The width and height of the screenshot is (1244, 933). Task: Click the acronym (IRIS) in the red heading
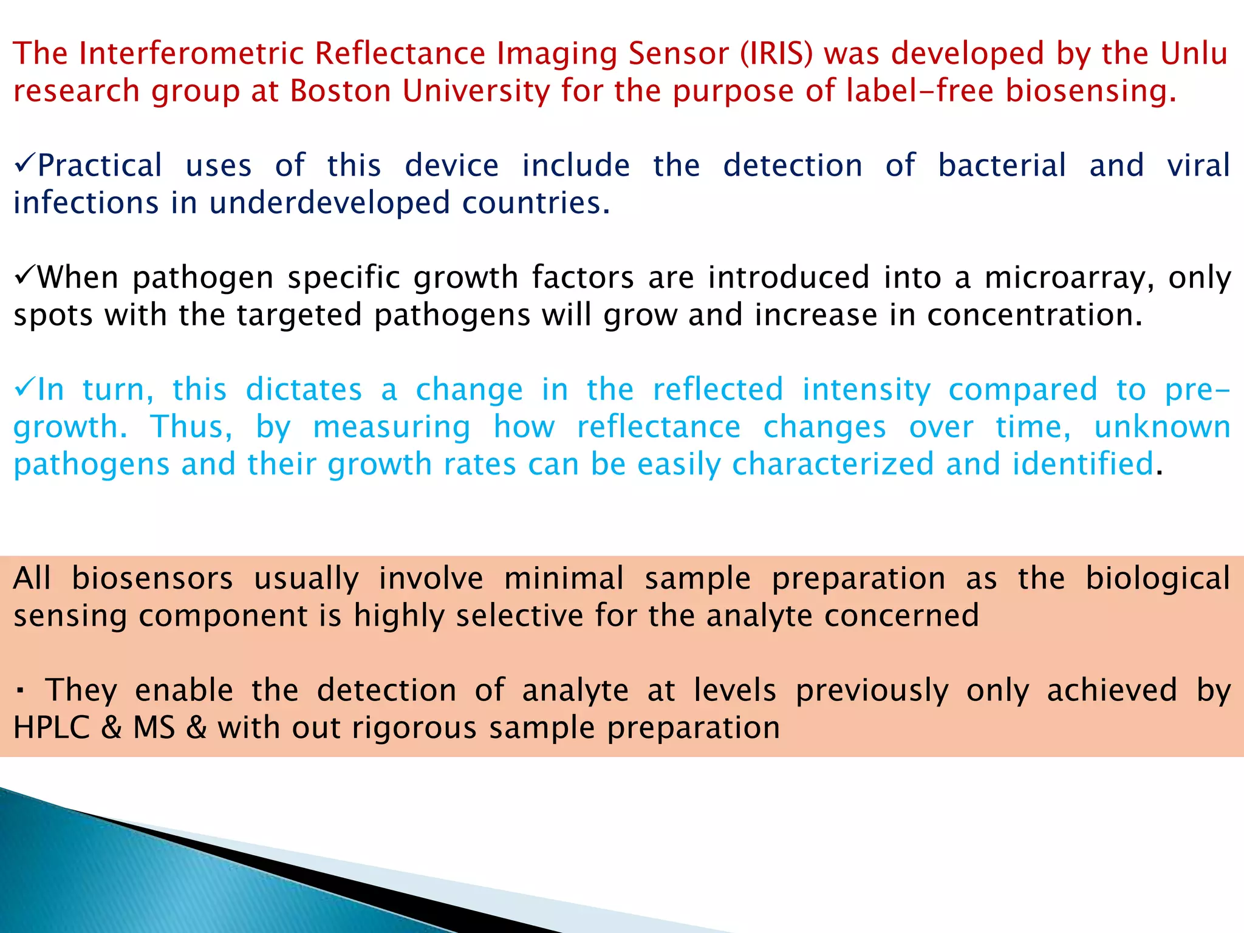point(776,53)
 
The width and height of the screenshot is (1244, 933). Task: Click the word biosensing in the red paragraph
point(1090,91)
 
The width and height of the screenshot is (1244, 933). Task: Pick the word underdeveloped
point(330,203)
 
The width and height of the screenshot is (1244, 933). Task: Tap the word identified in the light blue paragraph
point(1082,465)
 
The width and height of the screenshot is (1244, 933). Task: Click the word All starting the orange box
point(32,578)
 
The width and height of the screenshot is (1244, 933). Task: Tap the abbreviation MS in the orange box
point(154,728)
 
